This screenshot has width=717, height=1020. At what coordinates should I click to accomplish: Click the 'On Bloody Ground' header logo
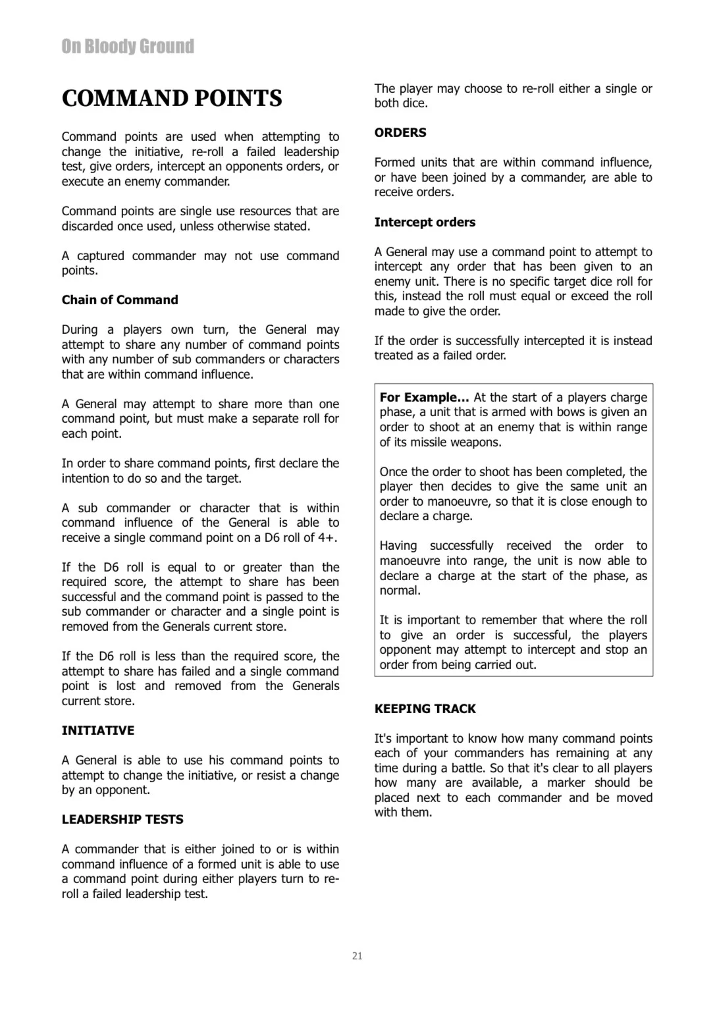coord(128,46)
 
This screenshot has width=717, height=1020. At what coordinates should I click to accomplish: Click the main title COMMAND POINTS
coord(172,98)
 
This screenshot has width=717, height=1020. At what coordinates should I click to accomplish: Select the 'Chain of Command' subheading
coord(120,300)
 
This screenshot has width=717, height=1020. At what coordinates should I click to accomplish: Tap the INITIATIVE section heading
coord(98,730)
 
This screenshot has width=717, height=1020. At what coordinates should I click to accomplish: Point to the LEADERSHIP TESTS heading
coord(122,819)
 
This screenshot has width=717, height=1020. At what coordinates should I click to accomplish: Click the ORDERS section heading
coord(400,132)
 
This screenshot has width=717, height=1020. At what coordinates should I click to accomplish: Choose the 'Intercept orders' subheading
coord(425,222)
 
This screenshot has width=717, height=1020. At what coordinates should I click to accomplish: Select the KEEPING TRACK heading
coord(425,709)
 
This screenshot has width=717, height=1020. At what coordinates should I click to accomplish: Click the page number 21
coord(358,955)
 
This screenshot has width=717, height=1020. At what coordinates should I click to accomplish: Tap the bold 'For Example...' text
coord(424,397)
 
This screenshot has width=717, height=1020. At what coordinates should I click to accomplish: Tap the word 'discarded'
coord(88,226)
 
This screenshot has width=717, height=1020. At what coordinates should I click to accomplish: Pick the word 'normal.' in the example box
coord(400,590)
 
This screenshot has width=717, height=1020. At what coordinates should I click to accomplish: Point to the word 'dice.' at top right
coord(414,103)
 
